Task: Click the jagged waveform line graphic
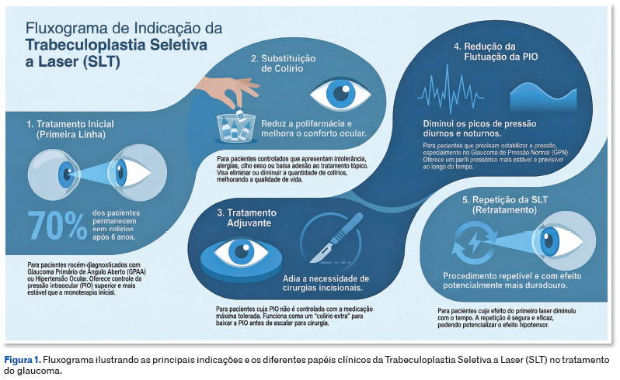tap(450, 89)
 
